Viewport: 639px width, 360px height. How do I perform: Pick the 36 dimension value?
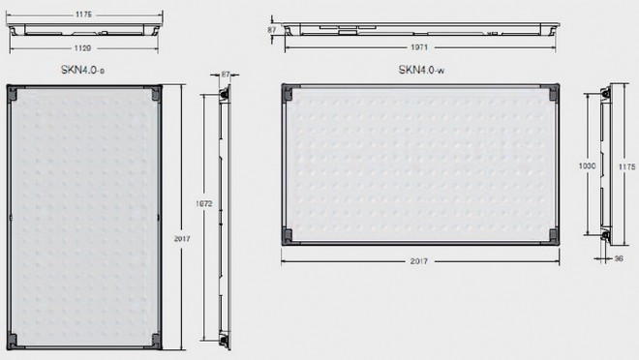[x=617, y=258]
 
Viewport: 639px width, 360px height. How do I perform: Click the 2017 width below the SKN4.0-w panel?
[x=418, y=261]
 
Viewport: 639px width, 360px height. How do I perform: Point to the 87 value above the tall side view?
[x=227, y=74]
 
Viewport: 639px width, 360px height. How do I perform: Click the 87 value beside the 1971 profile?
[x=272, y=31]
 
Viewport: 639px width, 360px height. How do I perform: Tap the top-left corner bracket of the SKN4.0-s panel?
[x=13, y=92]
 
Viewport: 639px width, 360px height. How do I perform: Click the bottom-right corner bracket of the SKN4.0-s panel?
[x=155, y=340]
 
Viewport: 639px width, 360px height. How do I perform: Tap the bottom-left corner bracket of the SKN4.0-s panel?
[x=13, y=340]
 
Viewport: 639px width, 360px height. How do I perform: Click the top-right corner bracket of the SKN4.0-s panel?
[x=155, y=92]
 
